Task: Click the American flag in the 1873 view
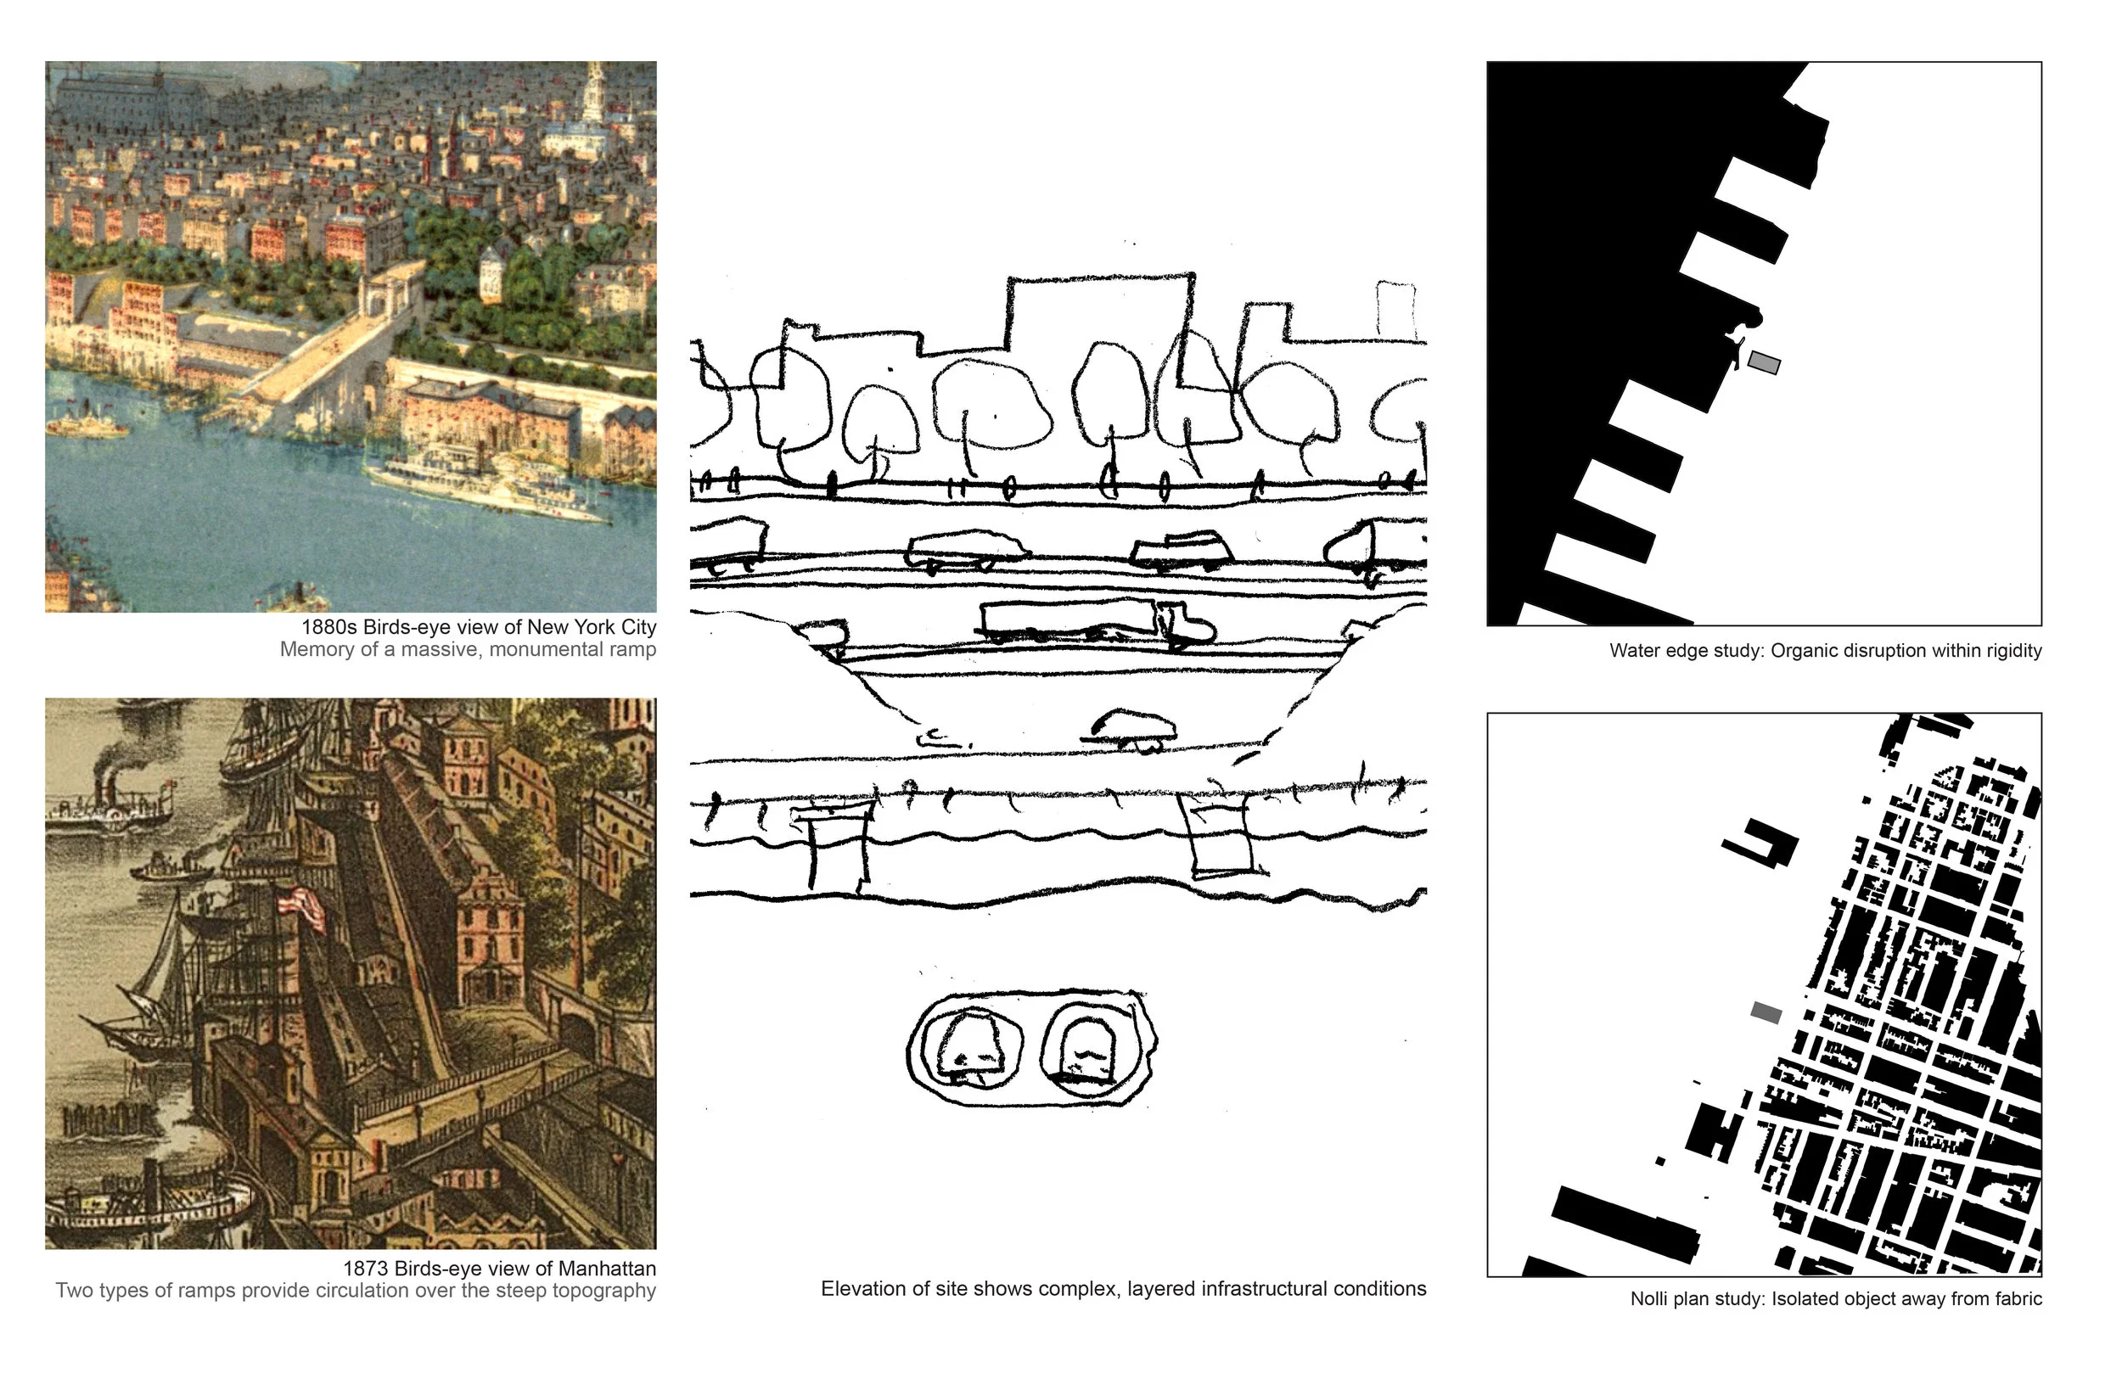click(302, 909)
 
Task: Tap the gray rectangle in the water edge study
click(1764, 363)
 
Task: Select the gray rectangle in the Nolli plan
click(1766, 1013)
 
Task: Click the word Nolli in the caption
click(1651, 1299)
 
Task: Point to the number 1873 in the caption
click(366, 1269)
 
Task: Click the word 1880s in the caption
click(329, 628)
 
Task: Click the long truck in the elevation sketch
click(1097, 621)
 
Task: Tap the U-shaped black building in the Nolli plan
click(1761, 843)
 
